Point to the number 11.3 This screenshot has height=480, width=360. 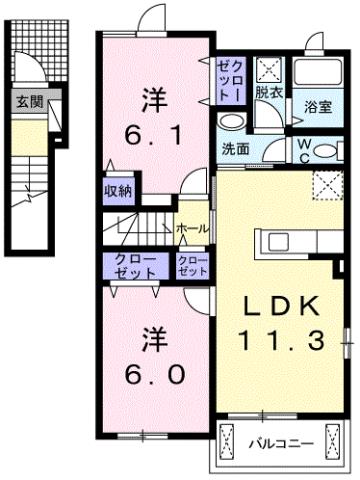pos(280,342)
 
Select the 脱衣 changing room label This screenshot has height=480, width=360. pos(267,91)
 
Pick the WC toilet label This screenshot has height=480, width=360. pos(303,148)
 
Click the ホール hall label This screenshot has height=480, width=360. pos(192,229)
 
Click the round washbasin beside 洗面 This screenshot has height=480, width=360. pos(231,123)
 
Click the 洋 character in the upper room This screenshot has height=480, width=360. pos(153,100)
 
